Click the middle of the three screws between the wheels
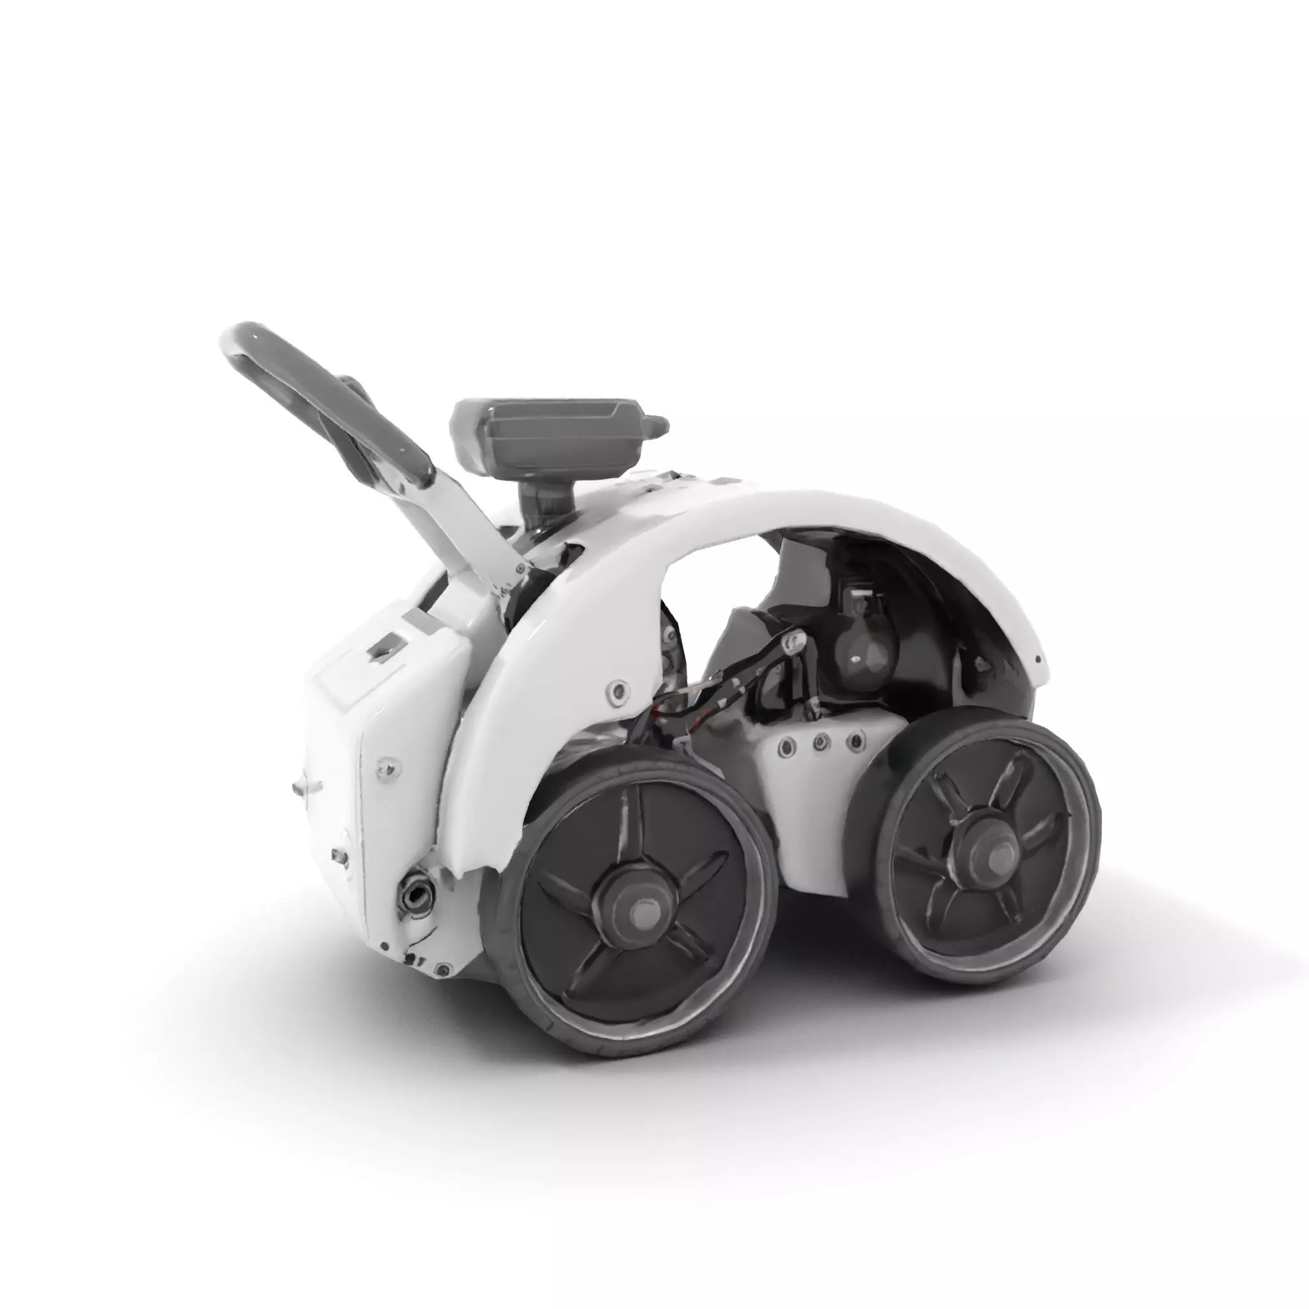point(821,743)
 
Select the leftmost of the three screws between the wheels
point(786,747)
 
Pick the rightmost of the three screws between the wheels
point(858,740)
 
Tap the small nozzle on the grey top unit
point(657,426)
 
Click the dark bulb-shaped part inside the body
point(862,651)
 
